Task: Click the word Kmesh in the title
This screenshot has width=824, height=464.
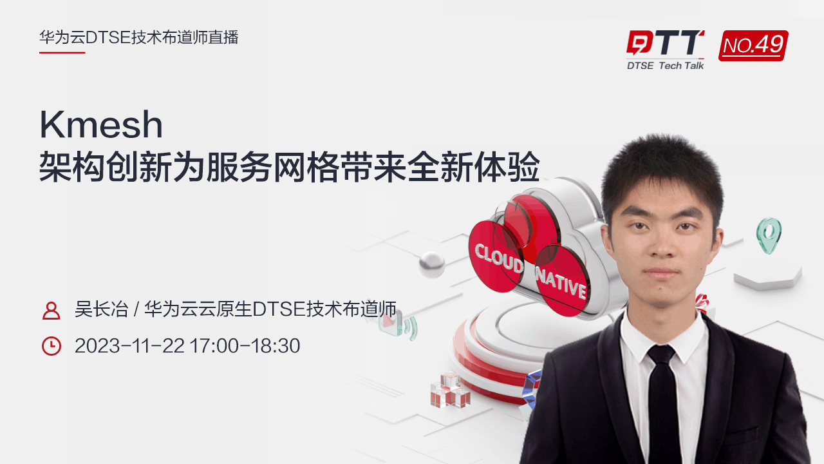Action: [101, 124]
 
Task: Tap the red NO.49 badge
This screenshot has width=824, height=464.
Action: [753, 46]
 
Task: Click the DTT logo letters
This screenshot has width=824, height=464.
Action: [666, 43]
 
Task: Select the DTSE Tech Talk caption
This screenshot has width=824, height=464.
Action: [666, 66]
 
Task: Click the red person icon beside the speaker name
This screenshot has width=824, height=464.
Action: [51, 311]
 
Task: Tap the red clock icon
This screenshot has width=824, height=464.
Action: [51, 346]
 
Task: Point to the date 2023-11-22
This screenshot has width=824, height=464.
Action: [129, 346]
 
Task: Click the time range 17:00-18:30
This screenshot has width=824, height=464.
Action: [245, 346]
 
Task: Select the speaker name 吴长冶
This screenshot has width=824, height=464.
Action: [102, 309]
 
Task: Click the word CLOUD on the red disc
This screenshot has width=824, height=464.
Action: [499, 258]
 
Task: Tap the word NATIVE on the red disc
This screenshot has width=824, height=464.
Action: [561, 282]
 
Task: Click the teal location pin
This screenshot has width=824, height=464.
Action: [769, 236]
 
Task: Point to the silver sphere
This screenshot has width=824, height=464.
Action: [432, 264]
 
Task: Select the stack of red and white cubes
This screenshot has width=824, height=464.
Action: [450, 390]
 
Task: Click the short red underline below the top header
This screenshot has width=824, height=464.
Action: [62, 53]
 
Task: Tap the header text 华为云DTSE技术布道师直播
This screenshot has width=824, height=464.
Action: [139, 37]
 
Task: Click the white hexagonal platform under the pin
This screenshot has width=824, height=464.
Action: [768, 273]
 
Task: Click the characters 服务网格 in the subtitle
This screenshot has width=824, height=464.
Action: [272, 167]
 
